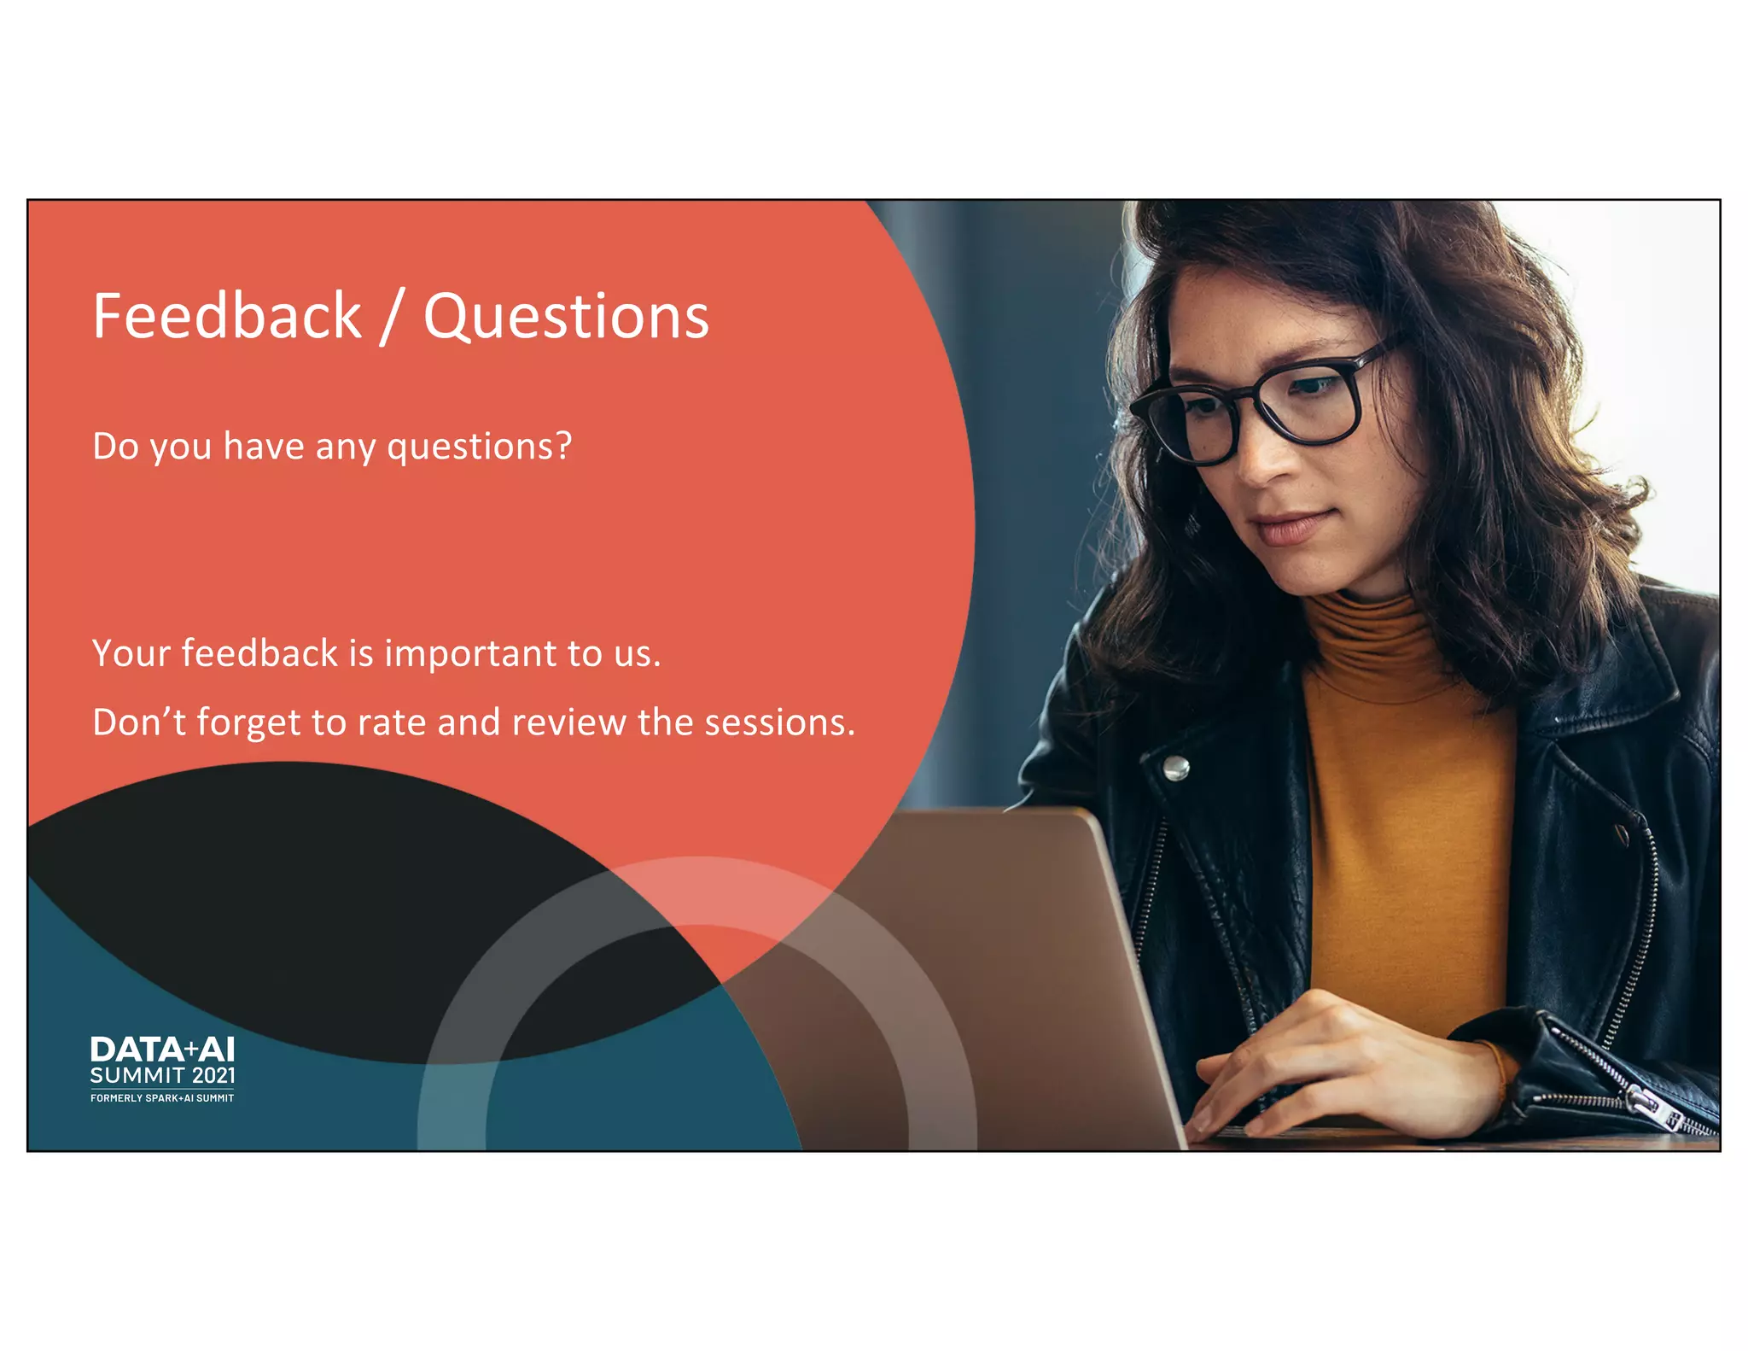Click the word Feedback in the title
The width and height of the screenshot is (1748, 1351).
coord(227,316)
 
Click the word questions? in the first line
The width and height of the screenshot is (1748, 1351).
coord(479,447)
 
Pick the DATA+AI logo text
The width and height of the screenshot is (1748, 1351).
coord(162,1050)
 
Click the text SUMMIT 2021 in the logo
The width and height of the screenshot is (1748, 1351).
coord(162,1076)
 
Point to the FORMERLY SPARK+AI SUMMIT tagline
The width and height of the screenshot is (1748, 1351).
coord(162,1098)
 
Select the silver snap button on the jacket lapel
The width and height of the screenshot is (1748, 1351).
coord(1177,768)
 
